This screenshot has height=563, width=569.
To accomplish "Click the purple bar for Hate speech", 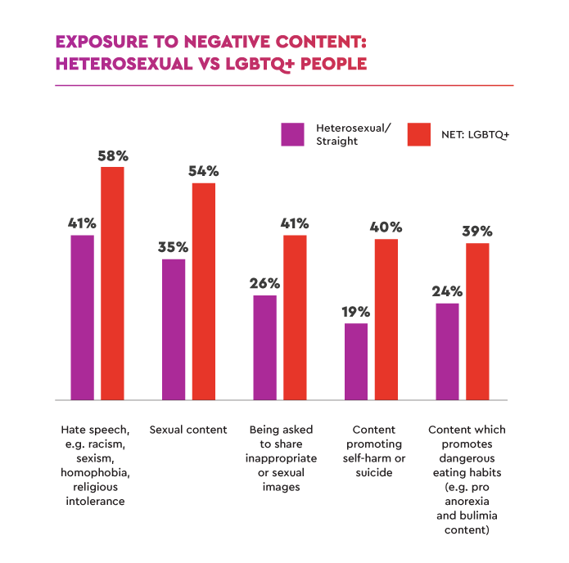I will pos(83,318).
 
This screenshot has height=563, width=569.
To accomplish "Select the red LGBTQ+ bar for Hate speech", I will pos(112,283).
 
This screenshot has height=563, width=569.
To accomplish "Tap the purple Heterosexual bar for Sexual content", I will pos(174,329).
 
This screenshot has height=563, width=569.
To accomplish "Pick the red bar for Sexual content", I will pos(204,291).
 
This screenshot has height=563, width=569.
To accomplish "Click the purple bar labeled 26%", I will pos(265,348).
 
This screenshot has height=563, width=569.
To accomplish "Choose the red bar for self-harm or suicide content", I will pos(386,319).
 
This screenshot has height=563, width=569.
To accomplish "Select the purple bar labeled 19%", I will pos(356,362).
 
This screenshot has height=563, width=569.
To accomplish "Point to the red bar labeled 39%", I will pos(477,322).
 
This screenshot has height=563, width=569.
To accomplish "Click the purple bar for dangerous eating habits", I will pos(447,352).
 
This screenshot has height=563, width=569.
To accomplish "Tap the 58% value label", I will pos(112,155).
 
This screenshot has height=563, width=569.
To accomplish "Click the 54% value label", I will pos(204,171).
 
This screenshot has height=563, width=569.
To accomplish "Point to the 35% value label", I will pos(174,247).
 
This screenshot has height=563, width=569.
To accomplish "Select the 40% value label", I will pos(386,227).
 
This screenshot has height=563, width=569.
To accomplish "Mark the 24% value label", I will pos(448,291).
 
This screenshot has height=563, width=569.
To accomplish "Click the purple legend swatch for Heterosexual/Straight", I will pos(292,134).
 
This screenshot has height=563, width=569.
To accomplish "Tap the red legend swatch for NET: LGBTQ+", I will pos(419,134).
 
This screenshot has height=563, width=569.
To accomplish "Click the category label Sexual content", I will pos(188,430).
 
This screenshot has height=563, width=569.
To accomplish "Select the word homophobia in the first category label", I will pos(96,472).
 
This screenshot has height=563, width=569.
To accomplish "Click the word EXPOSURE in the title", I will pos(99,41).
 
